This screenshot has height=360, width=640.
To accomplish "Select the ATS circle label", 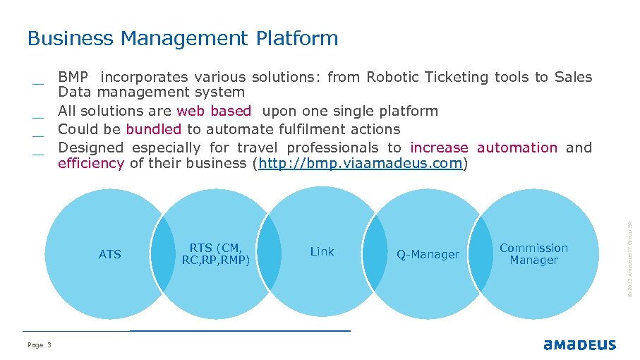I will pyautogui.click(x=110, y=254).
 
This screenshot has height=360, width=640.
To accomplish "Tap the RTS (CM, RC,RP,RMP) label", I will pyautogui.click(x=216, y=253).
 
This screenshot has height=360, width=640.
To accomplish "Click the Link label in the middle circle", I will pyautogui.click(x=322, y=251).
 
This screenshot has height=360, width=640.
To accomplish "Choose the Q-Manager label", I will pyautogui.click(x=428, y=254).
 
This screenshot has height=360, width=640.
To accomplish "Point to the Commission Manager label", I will pyautogui.click(x=533, y=253).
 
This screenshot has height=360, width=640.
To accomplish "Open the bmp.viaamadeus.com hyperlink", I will pyautogui.click(x=361, y=164).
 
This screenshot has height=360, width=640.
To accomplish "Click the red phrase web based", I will pyautogui.click(x=214, y=111).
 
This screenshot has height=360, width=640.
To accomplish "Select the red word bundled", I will pyautogui.click(x=153, y=129).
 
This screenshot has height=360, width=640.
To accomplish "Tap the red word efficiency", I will pyautogui.click(x=90, y=164).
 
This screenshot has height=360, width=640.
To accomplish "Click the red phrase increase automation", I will pyautogui.click(x=483, y=148).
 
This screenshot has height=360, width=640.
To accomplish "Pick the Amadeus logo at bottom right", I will pyautogui.click(x=579, y=344).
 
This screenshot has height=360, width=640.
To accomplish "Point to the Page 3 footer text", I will pyautogui.click(x=40, y=344).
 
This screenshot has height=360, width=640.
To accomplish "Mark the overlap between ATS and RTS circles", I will pyautogui.click(x=163, y=254).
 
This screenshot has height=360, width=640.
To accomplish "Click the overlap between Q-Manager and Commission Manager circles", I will pyautogui.click(x=481, y=254).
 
